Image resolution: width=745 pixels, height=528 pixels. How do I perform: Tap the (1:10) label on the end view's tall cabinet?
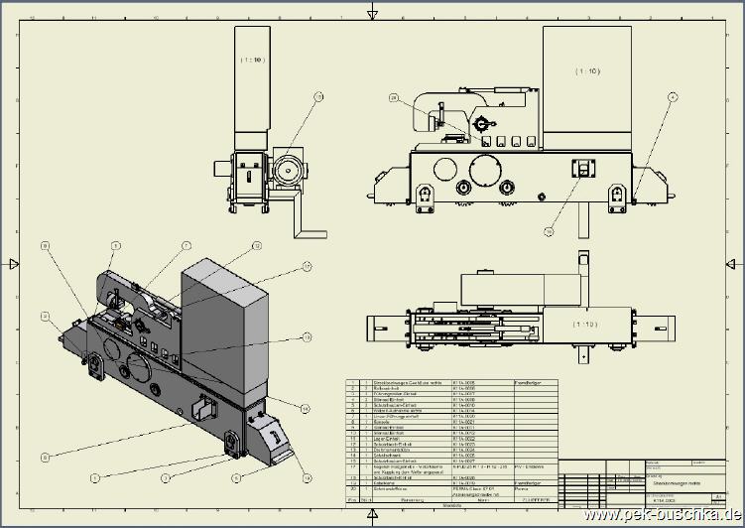click(252, 61)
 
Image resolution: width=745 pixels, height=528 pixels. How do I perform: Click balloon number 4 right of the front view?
click(673, 97)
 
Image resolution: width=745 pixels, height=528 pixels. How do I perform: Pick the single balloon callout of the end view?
click(319, 97)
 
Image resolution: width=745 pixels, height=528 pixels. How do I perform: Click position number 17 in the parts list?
click(352, 466)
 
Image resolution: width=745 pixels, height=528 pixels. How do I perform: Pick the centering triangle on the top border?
click(372, 11)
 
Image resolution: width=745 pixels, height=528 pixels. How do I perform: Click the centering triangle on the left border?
click(13, 264)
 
